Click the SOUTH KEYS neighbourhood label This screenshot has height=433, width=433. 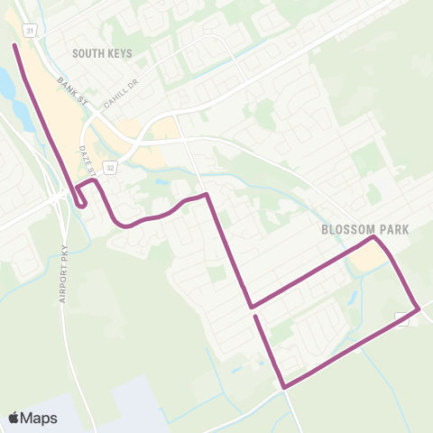point(102,54)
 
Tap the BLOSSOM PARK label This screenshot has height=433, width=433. point(364,230)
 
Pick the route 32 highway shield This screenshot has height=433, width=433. point(110,167)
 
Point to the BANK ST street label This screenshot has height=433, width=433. point(69,88)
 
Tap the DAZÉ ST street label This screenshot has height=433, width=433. point(88,158)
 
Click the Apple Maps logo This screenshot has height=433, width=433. point(32,418)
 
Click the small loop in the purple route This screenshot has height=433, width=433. point(82,196)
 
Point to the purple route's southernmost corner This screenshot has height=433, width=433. point(285,387)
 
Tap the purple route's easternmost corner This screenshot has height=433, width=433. point(419,309)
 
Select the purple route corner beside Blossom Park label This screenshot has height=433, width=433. point(373,239)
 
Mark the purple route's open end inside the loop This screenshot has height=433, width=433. point(256,317)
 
